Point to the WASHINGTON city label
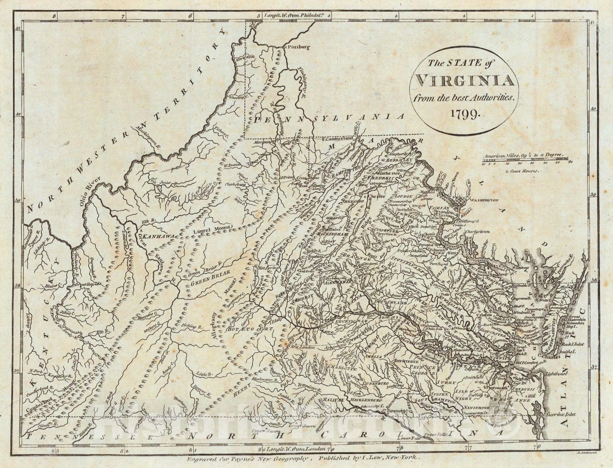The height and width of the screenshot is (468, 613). pyautogui.click(x=484, y=200)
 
